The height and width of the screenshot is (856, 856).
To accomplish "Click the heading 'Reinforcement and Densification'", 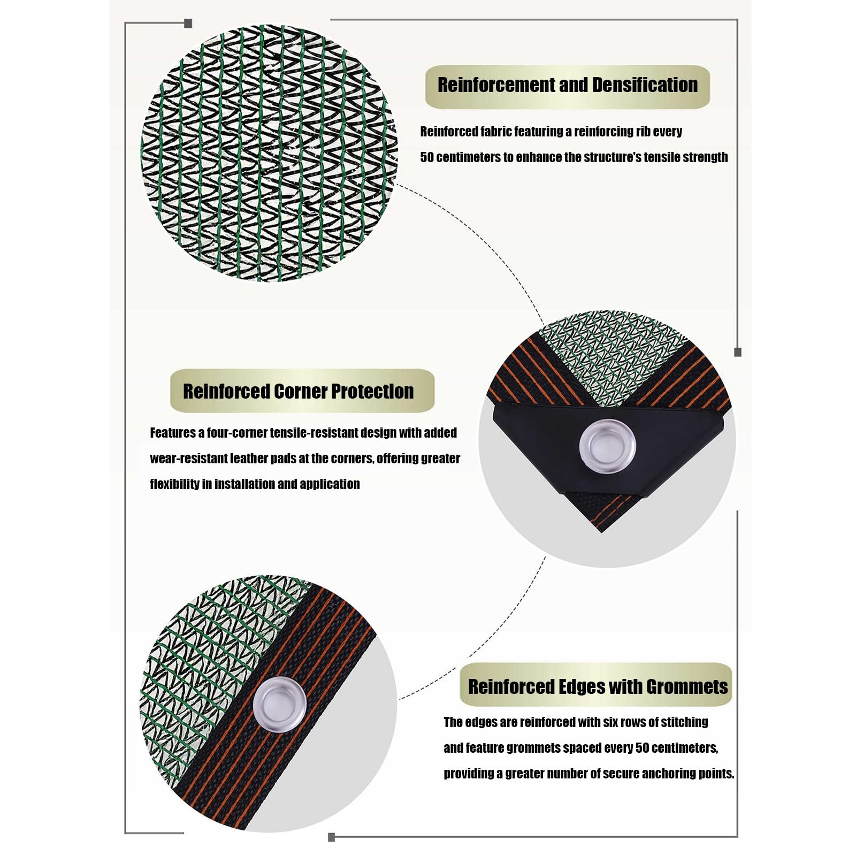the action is click(x=568, y=85).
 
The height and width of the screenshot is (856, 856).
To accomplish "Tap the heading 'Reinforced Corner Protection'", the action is click(x=298, y=391).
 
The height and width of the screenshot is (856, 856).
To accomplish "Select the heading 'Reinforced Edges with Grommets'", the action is click(x=598, y=686).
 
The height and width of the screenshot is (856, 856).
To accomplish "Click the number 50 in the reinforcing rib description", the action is click(x=427, y=157).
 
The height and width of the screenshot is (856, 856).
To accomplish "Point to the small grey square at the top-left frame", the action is click(x=188, y=24).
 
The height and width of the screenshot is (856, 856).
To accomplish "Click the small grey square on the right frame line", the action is click(x=738, y=352).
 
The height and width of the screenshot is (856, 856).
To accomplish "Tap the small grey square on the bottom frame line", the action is click(x=331, y=837).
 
